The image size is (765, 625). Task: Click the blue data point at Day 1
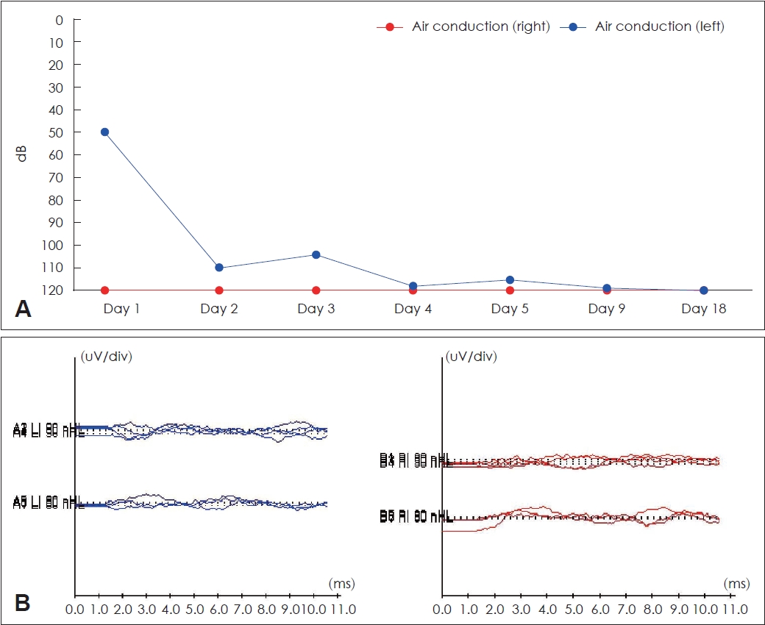104,132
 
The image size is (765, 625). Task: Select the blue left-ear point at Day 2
219,268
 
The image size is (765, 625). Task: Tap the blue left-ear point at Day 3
316,254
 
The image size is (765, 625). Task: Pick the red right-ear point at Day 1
104,290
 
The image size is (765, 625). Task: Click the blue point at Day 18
704,290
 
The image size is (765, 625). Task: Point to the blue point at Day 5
510,279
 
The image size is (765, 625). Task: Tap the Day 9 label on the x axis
607,309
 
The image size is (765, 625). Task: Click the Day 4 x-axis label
413,309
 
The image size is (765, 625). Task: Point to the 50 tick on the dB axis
54,132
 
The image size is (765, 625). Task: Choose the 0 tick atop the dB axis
58,19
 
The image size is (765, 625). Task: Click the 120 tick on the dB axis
51,290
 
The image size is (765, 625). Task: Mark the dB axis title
24,154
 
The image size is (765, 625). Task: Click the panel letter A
23,309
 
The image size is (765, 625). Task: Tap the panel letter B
23,603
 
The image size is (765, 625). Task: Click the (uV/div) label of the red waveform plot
473,357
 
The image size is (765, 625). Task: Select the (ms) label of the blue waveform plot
342,584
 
